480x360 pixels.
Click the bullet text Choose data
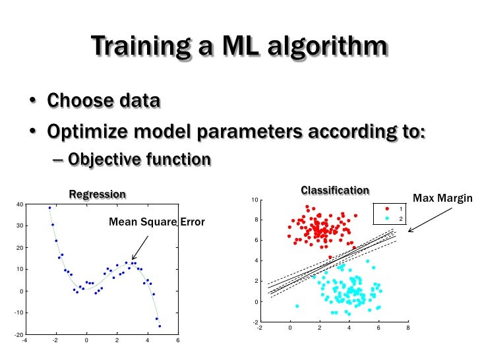click(103, 102)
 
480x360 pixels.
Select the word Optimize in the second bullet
click(86, 131)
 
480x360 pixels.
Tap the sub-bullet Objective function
click(139, 160)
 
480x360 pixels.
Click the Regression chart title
click(98, 194)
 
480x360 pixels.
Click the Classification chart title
click(335, 191)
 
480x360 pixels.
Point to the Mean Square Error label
click(156, 222)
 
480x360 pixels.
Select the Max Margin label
click(442, 198)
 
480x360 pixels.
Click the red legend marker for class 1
click(387, 209)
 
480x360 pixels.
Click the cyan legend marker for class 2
click(387, 218)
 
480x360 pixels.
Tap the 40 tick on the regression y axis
click(20, 204)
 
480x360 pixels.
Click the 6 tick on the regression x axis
click(178, 341)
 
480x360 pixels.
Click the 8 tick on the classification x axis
click(408, 327)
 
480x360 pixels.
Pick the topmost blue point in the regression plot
click(49, 208)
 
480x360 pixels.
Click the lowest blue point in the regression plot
click(160, 326)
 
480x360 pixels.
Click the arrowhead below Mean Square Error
click(133, 258)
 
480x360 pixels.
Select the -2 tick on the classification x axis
click(259, 327)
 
